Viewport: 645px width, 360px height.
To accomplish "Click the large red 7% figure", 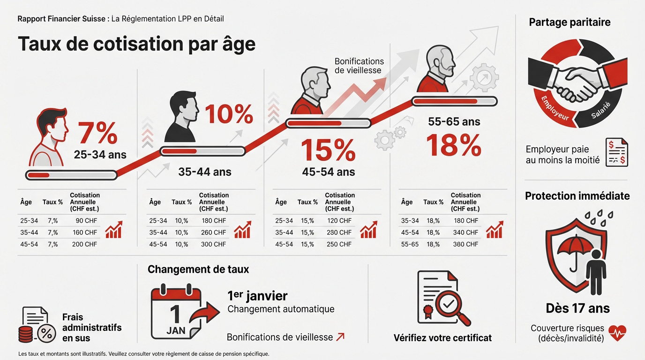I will (97, 134).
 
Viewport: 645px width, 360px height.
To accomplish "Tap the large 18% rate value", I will (454, 146).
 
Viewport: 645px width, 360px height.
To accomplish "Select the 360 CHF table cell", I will (465, 244).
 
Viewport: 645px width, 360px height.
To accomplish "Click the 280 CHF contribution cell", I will (339, 232).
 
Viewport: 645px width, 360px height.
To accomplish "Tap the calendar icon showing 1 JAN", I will (176, 313).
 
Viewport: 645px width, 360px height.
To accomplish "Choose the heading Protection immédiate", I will (577, 196).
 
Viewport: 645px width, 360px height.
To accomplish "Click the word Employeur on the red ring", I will (555, 108).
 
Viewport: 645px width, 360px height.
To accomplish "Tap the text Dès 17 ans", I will (578, 308).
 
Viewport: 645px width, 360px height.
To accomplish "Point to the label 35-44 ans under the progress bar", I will (205, 172).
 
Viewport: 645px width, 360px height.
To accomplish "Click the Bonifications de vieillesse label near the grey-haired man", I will (359, 66).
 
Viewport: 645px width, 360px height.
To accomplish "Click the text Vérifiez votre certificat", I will (442, 337).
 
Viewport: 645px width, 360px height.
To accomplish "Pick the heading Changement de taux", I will (198, 270).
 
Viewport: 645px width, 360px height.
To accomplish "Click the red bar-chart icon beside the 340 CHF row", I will (495, 230).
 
